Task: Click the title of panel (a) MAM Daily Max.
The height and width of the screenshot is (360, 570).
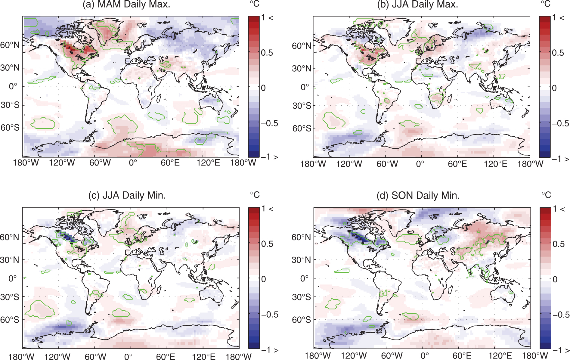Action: point(126,5)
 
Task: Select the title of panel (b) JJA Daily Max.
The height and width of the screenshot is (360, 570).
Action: point(418,5)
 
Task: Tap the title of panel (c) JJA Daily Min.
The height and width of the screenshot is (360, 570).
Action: point(127,195)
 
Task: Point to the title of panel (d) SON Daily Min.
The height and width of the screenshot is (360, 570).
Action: point(418,196)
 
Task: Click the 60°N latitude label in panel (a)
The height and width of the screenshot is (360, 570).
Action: point(10,45)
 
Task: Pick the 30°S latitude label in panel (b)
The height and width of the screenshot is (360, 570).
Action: point(302,106)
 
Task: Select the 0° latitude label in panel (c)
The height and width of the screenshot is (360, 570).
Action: point(13,278)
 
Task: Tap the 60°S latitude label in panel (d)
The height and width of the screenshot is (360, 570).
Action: point(301,319)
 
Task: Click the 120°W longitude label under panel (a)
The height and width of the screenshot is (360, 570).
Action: point(62,163)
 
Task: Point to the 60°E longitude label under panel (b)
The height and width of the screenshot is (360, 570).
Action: point(457,164)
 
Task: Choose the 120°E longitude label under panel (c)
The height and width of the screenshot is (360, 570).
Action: point(204,357)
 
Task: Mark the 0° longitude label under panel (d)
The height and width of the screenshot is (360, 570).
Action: point(425,355)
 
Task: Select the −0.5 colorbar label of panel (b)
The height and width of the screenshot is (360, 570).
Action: point(560,123)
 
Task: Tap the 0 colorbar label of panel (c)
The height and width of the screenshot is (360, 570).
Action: point(263,279)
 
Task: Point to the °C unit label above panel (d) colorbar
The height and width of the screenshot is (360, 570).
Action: point(546,195)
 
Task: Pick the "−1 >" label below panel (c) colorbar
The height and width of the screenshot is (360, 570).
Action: point(270,350)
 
